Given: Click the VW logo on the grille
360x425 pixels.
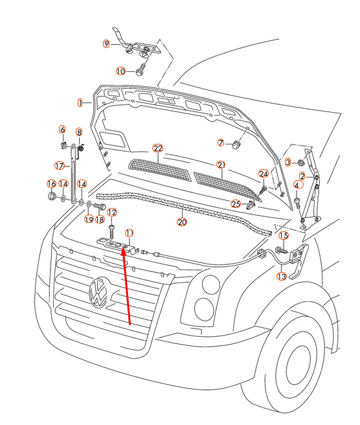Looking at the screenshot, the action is point(98,292).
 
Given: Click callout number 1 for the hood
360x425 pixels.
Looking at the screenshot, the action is point(80,103).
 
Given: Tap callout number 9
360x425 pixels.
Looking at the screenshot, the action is point(106,43).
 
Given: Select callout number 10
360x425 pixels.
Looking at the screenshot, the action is point(120,71).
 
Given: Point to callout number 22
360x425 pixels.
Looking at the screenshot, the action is point(158,148).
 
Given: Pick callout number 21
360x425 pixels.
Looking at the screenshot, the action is point(221,165).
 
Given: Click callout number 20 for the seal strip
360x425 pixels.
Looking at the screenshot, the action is point(182,222).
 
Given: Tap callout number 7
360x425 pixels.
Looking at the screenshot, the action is point(221,143).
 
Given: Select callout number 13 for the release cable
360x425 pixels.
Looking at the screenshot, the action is point(282,276).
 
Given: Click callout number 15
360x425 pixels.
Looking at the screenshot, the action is point(284,236).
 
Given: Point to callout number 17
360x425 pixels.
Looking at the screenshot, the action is point(60,165).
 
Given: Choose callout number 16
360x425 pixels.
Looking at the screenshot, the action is point(51,184).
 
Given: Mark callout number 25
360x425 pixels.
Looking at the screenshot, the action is point(236,203).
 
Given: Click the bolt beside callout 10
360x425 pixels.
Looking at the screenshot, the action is point(141,70).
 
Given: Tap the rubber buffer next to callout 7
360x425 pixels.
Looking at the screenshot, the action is point(236,144).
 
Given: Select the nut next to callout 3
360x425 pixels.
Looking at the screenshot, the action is point(300,163).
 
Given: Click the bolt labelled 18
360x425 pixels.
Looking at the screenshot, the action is point(100,207).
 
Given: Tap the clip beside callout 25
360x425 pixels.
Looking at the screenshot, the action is point(251,205).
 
